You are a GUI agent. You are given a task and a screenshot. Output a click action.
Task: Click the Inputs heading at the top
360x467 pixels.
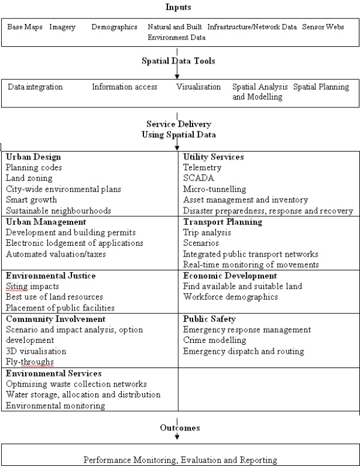click(x=179, y=7)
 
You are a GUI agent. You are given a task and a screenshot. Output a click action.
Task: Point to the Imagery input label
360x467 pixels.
click(x=63, y=28)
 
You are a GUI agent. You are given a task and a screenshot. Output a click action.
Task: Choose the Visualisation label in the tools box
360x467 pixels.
click(x=199, y=87)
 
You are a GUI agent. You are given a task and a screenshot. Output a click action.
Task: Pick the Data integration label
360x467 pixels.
click(x=35, y=87)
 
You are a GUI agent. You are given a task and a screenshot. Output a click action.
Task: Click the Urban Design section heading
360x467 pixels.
click(x=31, y=157)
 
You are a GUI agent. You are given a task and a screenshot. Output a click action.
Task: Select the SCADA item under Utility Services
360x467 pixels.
click(x=198, y=179)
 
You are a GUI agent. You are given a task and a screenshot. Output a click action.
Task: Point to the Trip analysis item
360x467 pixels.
click(x=207, y=233)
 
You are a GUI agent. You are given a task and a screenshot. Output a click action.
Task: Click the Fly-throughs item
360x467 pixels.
click(x=29, y=362)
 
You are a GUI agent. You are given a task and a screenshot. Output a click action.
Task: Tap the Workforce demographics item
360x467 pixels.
click(x=231, y=297)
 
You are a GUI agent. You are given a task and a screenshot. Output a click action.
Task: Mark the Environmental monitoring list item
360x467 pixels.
click(x=55, y=405)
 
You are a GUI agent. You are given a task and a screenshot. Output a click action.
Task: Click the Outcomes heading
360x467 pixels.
click(x=179, y=429)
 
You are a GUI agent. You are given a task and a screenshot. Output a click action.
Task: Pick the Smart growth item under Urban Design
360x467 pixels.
click(x=31, y=200)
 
